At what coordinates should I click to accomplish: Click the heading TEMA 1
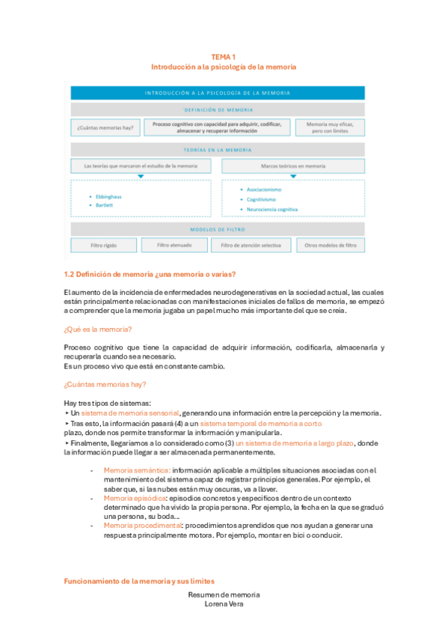tap(224, 57)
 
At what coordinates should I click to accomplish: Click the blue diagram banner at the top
tap(218, 93)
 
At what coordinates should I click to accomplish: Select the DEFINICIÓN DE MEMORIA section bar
tap(218, 109)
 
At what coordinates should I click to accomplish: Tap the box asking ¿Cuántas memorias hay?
tap(105, 128)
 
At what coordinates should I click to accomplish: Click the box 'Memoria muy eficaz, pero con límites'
tap(330, 127)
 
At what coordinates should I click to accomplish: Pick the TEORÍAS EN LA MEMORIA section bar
tap(218, 149)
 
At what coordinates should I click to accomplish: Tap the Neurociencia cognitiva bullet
tap(272, 210)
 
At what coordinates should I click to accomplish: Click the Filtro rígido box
tap(105, 245)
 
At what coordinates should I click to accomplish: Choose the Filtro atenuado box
tap(177, 245)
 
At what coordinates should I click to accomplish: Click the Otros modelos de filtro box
tap(330, 245)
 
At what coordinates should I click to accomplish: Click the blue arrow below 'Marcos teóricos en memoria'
tap(293, 177)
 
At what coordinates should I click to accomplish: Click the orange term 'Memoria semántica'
tap(130, 470)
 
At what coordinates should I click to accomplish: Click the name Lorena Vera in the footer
tap(224, 604)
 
